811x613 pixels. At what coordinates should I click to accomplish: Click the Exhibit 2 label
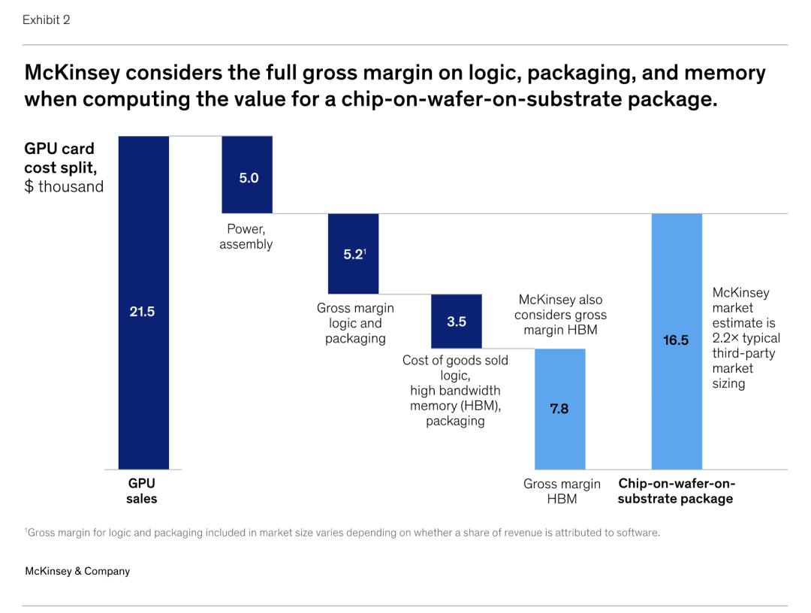tap(46, 20)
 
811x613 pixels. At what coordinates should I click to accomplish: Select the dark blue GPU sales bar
tap(143, 376)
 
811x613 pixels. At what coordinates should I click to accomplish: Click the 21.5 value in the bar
tap(142, 311)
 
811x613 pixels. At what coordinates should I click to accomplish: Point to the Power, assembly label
tap(246, 237)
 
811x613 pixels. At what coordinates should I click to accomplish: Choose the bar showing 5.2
tap(353, 254)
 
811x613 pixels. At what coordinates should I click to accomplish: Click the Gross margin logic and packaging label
tap(355, 323)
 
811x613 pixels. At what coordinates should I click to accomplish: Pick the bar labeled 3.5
tap(457, 321)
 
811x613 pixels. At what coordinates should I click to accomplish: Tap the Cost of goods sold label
tap(455, 390)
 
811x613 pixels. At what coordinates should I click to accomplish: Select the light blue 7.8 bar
tap(559, 409)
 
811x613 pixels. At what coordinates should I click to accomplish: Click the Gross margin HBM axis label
tap(562, 491)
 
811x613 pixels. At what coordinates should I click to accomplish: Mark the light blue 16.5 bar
tap(676, 341)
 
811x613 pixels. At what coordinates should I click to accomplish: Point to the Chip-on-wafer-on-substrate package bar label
tap(676, 491)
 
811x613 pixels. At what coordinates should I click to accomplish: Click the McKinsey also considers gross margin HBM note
tap(560, 315)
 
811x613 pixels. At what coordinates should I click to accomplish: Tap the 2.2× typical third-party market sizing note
tap(746, 338)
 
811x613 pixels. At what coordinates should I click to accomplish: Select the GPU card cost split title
tap(59, 158)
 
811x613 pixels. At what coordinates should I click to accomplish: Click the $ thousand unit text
tap(64, 187)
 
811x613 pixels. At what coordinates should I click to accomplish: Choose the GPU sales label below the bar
tap(142, 491)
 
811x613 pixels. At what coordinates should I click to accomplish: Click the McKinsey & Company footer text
tap(77, 571)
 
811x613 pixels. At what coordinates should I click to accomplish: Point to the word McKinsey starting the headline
tap(72, 73)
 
